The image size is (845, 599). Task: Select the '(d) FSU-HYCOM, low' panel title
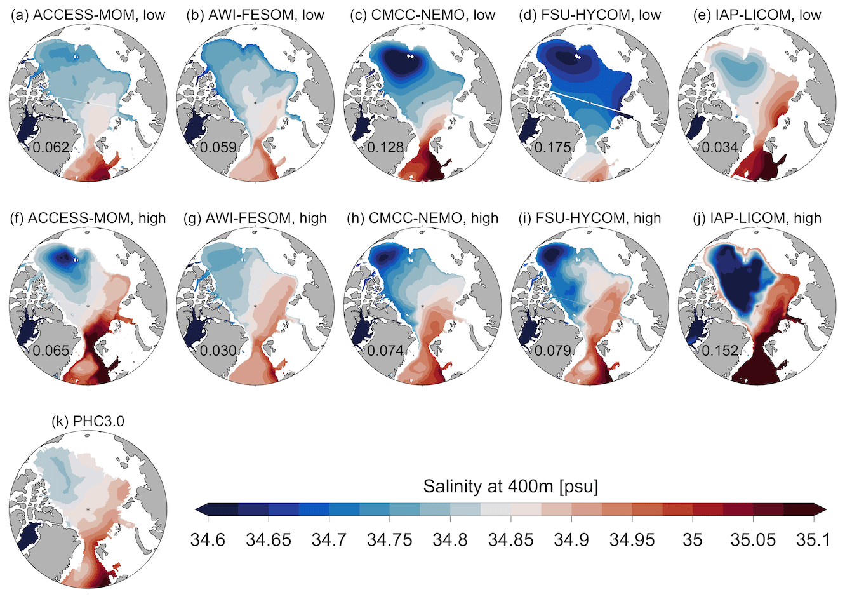coord(590,15)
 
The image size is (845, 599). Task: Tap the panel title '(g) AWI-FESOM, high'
coord(256,218)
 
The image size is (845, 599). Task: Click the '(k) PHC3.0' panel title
coord(87,421)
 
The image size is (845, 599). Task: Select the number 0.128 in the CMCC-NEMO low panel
coord(386,148)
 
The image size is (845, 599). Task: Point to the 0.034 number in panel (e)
coord(721,148)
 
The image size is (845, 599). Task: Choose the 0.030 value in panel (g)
coord(218,351)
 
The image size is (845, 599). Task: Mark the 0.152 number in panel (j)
coord(721,351)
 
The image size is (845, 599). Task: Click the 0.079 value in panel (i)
coord(554,351)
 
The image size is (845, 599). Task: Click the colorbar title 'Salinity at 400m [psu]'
coord(510,487)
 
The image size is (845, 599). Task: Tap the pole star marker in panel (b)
coord(255,102)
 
